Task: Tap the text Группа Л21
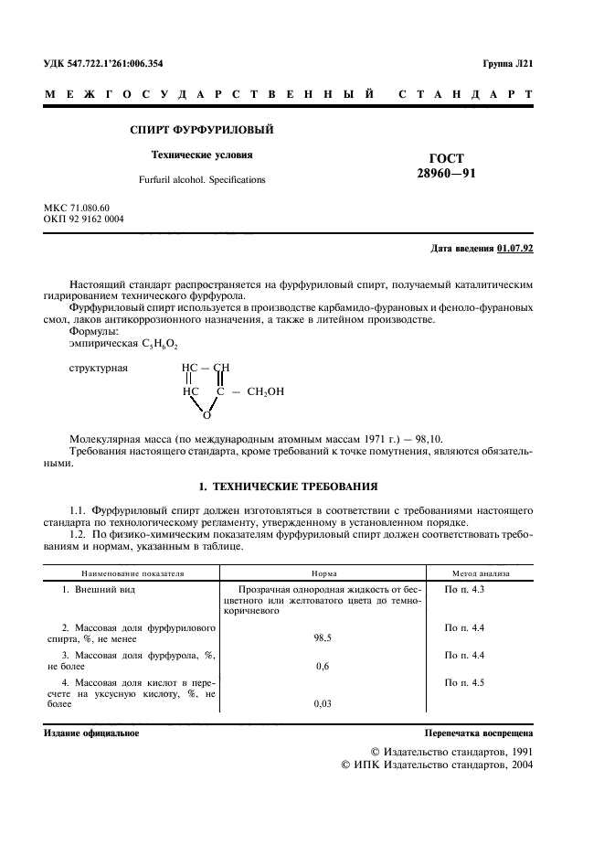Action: (x=507, y=64)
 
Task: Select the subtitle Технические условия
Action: (x=202, y=155)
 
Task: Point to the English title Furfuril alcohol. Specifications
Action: (x=202, y=180)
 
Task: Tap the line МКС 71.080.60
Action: (x=77, y=209)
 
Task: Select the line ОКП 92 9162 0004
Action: (x=84, y=219)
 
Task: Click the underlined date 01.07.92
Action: (x=515, y=249)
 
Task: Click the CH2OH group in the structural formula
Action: (x=265, y=391)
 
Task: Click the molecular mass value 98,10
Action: (x=431, y=439)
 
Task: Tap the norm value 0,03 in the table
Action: (x=322, y=703)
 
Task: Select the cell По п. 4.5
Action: (x=463, y=681)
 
